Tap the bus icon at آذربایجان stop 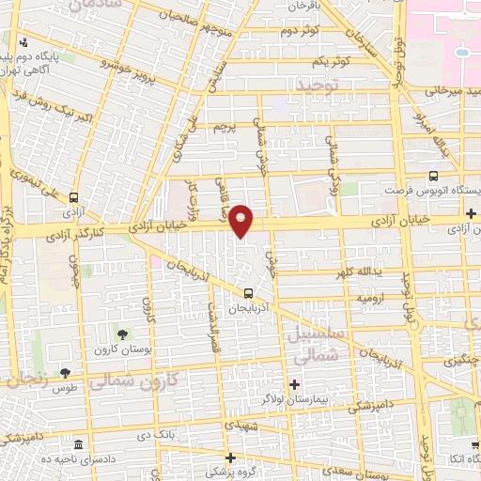[248, 292]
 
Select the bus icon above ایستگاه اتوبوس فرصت [432, 176]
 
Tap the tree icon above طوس [65, 373]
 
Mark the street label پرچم [224, 125]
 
